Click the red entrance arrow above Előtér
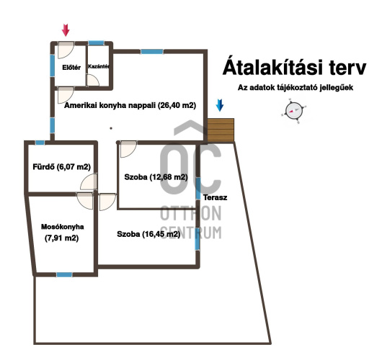[x=66, y=30]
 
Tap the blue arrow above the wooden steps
[x=220, y=105]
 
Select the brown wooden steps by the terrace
[x=221, y=130]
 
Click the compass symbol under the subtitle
[x=294, y=111]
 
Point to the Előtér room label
[x=71, y=68]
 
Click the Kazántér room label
[x=99, y=66]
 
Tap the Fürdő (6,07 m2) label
[x=62, y=167]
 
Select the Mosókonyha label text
[x=63, y=227]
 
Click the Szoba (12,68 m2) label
[x=156, y=177]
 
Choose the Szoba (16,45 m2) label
[x=148, y=234]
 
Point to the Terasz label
[x=215, y=197]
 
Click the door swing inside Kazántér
[x=93, y=81]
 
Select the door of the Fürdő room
[x=89, y=181]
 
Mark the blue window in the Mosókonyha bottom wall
[x=64, y=274]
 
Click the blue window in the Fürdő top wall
[x=40, y=143]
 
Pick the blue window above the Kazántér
[x=97, y=43]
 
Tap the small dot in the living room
[x=111, y=128]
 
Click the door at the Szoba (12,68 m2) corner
[x=128, y=149]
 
